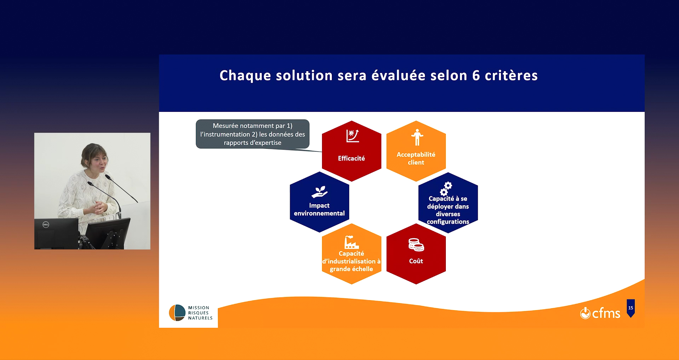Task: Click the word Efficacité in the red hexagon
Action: [351, 158]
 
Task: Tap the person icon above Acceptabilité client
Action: [417, 137]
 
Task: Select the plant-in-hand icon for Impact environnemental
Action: [320, 192]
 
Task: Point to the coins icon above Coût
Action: [416, 245]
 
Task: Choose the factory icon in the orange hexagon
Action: [352, 242]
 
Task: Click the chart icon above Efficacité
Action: [353, 136]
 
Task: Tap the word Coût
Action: [416, 261]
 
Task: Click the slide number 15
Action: [631, 308]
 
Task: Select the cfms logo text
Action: [606, 313]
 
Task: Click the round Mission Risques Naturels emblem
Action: [177, 313]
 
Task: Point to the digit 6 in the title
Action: [476, 76]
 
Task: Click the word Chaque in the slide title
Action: [246, 76]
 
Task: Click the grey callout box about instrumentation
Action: [253, 134]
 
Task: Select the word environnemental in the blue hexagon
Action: [319, 213]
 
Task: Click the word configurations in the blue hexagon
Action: [448, 222]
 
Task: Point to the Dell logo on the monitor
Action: [46, 224]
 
